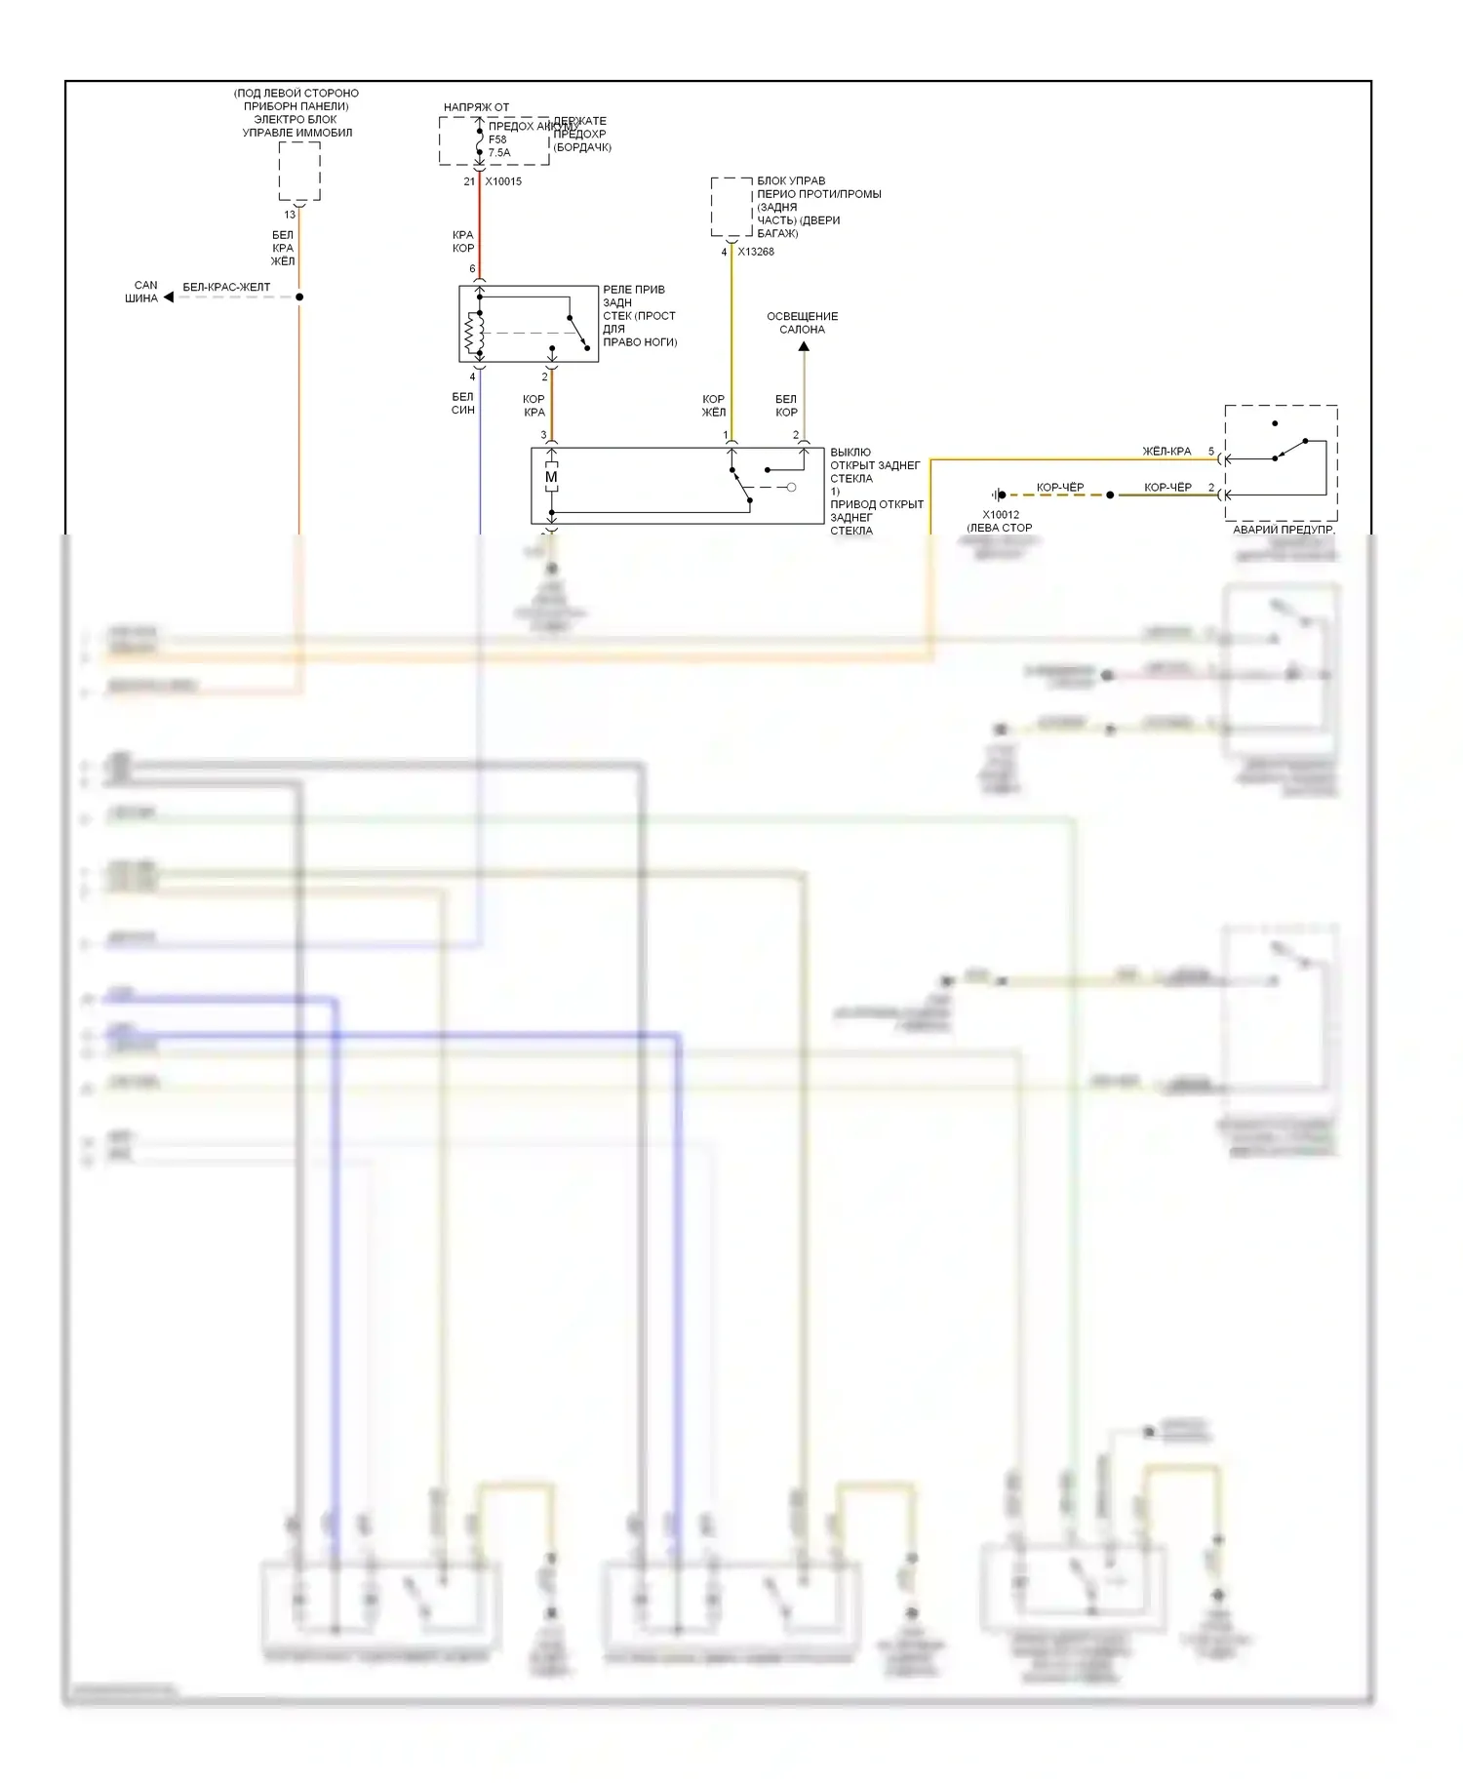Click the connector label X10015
pyautogui.click(x=503, y=181)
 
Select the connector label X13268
pyautogui.click(x=756, y=252)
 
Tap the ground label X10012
pyautogui.click(x=1001, y=515)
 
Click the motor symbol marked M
pyautogui.click(x=551, y=477)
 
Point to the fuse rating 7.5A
pyautogui.click(x=499, y=153)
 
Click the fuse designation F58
pyautogui.click(x=497, y=139)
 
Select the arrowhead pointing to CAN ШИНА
pyautogui.click(x=169, y=297)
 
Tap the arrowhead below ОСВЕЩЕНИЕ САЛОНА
pyautogui.click(x=804, y=346)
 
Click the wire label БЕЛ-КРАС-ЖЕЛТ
pyautogui.click(x=226, y=288)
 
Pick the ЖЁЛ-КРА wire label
pyautogui.click(x=1166, y=452)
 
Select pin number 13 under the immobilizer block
pyautogui.click(x=290, y=215)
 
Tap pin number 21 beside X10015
pyautogui.click(x=469, y=181)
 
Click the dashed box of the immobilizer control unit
pyautogui.click(x=299, y=172)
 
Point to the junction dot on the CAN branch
pyautogui.click(x=299, y=297)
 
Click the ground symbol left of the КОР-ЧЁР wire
pyautogui.click(x=998, y=495)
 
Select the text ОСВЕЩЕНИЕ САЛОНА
pyautogui.click(x=802, y=323)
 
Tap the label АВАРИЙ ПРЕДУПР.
pyautogui.click(x=1284, y=530)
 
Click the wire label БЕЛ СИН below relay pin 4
pyautogui.click(x=463, y=404)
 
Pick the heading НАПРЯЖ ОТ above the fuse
pyautogui.click(x=476, y=107)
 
